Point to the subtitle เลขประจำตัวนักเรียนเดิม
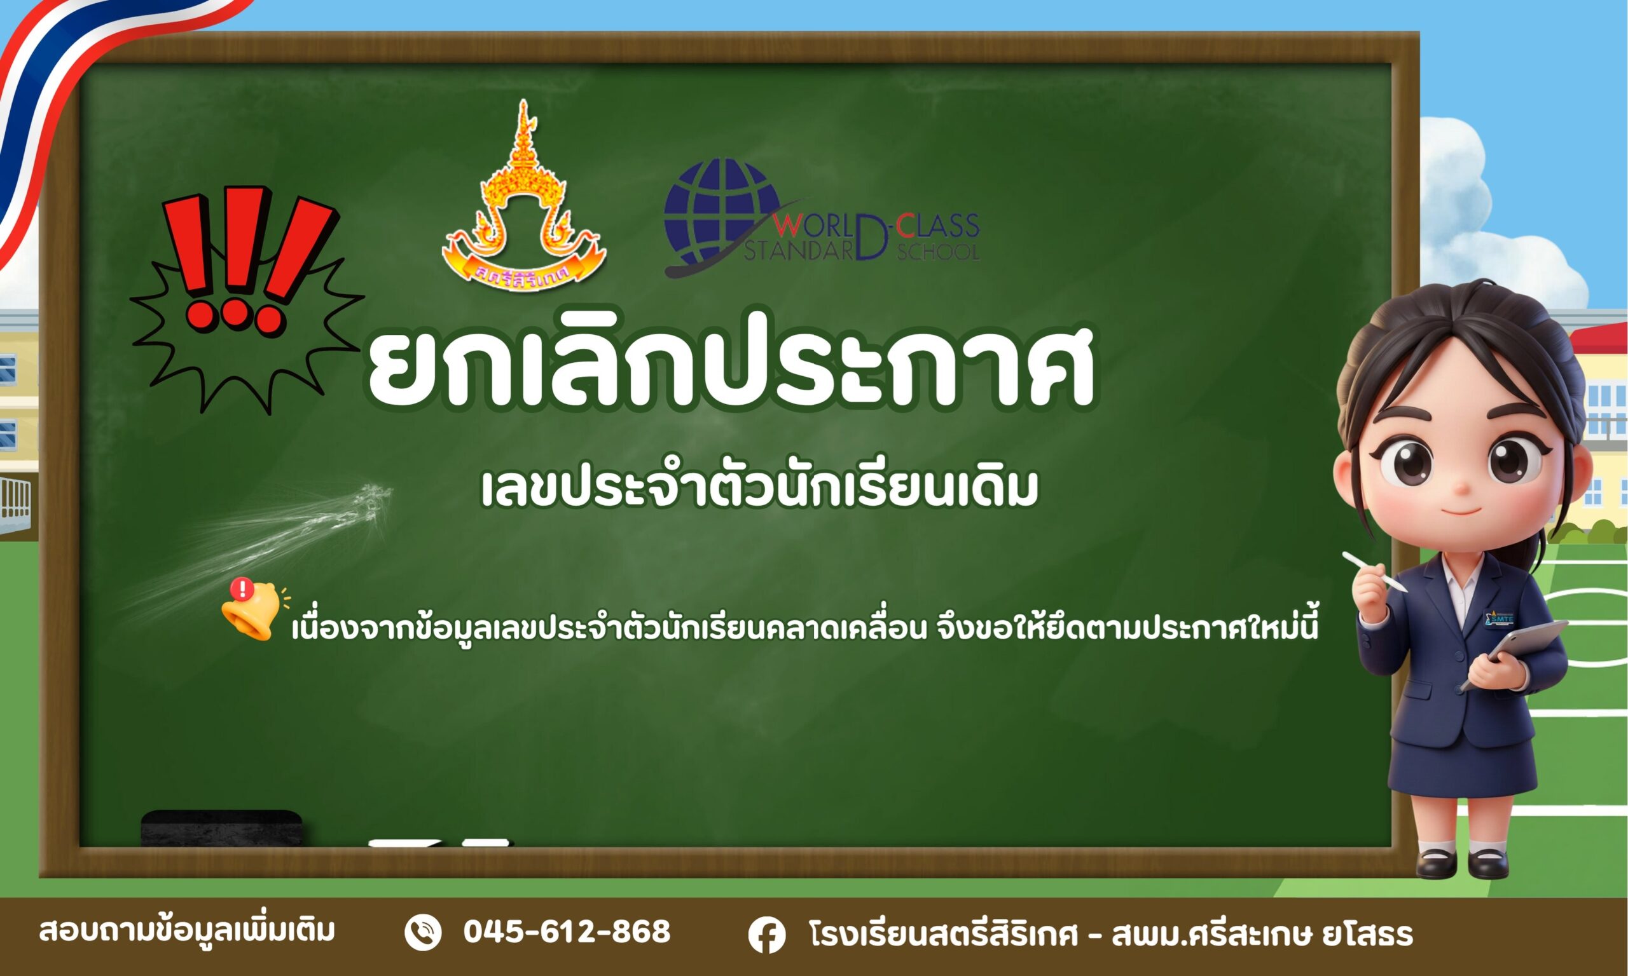point(760,488)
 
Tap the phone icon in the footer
point(422,933)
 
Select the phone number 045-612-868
point(567,932)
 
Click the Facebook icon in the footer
point(766,935)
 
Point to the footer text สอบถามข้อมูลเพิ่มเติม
point(187,930)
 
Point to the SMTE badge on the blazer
point(1498,618)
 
